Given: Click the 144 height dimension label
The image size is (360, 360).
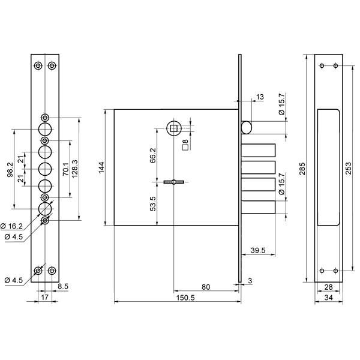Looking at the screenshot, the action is (102, 167).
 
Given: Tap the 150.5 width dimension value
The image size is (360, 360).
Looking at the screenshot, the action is (185, 298).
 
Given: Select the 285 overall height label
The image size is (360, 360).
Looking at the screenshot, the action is (302, 169).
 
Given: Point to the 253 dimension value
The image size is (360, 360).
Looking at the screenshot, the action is (348, 168).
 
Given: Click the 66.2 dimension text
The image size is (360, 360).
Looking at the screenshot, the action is (152, 155).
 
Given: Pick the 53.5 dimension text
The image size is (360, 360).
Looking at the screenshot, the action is (152, 203).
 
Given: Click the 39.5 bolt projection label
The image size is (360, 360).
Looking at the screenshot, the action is (258, 250).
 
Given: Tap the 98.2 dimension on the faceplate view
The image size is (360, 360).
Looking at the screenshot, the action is (10, 170).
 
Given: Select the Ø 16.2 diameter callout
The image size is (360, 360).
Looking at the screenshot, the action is (12, 226).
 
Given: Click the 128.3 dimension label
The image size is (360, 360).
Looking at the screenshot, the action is (75, 169).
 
